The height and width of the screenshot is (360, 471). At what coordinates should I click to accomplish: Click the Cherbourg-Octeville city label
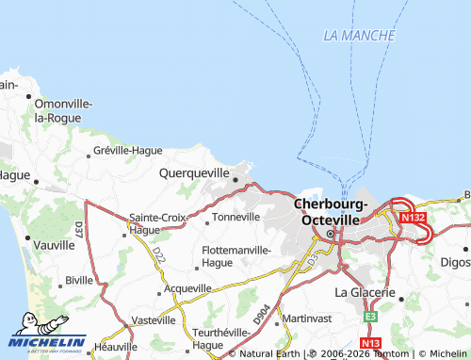click(x=328, y=211)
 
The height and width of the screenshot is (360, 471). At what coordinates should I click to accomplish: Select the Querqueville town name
click(x=195, y=173)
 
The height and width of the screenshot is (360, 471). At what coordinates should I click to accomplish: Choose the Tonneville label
click(x=236, y=217)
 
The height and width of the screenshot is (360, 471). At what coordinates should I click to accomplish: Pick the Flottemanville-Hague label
click(x=236, y=256)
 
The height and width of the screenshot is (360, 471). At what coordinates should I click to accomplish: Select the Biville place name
click(x=79, y=281)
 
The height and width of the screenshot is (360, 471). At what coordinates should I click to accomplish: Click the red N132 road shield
click(x=412, y=218)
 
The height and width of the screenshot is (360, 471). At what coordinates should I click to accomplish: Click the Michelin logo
click(x=47, y=341)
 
